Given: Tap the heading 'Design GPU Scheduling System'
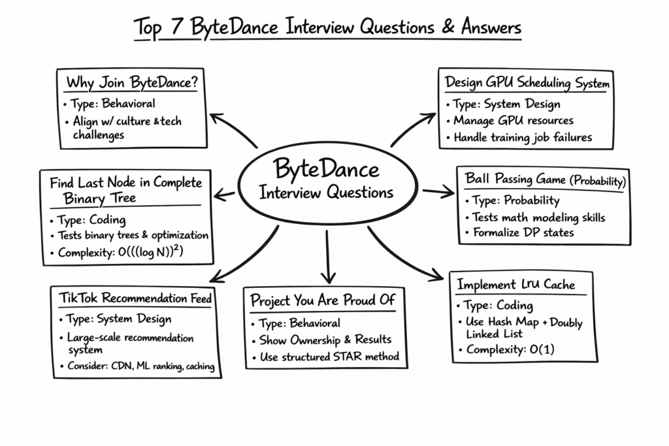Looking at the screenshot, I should pos(527,83).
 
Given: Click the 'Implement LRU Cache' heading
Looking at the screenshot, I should pos(515,285).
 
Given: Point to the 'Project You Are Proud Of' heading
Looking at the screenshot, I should pos(323,301).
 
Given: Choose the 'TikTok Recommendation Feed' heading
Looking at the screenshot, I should pos(135,299).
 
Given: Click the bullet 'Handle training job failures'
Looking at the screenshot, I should pos(523,138).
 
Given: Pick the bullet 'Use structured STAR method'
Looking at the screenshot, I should pos(329,357).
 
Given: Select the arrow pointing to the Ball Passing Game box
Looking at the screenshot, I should pos(438,191).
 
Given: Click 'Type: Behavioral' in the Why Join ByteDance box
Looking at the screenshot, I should pos(109,104).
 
